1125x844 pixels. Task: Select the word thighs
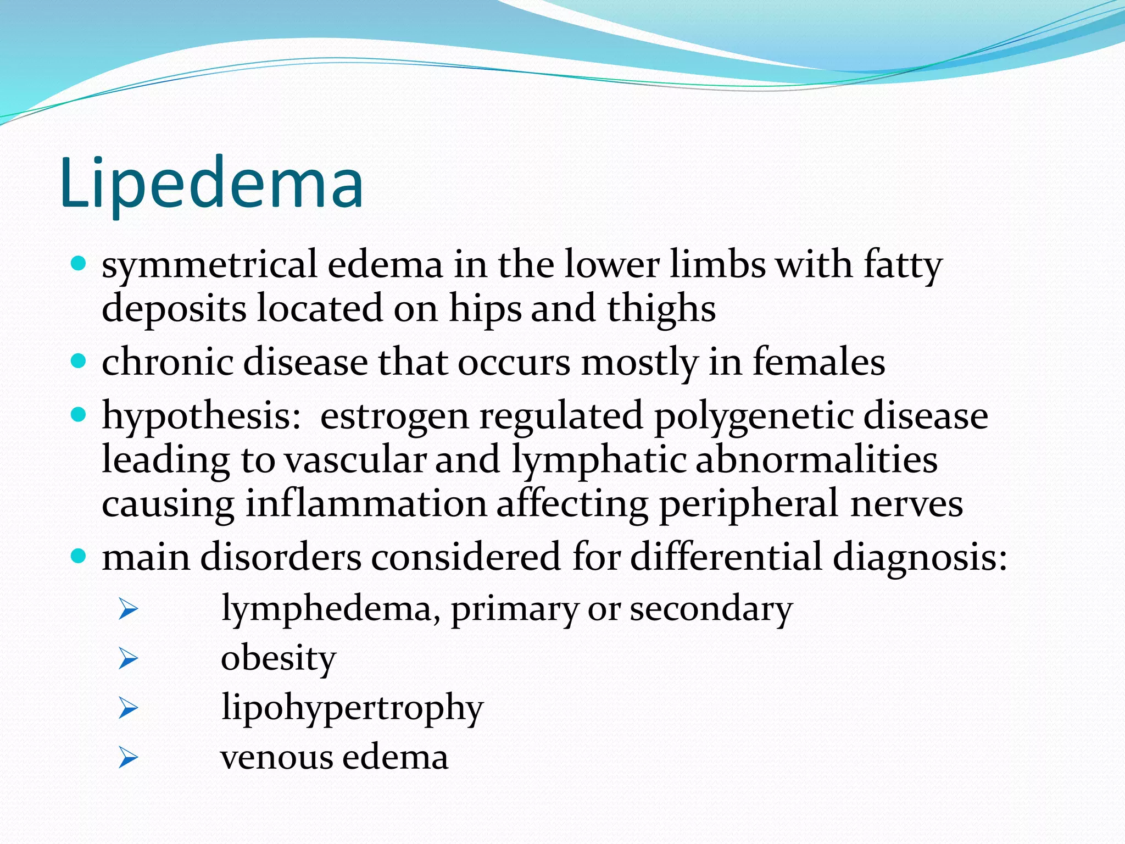coord(661,309)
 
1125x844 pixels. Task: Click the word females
coord(818,363)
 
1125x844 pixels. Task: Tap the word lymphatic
coord(599,460)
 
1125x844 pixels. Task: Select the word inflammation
coord(366,503)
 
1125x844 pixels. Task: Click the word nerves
coord(906,504)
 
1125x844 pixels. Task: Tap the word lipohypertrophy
coord(352,708)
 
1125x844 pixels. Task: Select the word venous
coord(277,757)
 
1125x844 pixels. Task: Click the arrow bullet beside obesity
coord(128,658)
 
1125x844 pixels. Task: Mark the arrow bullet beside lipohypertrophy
coord(128,708)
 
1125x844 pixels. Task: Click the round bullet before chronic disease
coord(79,361)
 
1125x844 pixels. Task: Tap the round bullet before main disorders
coord(79,556)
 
